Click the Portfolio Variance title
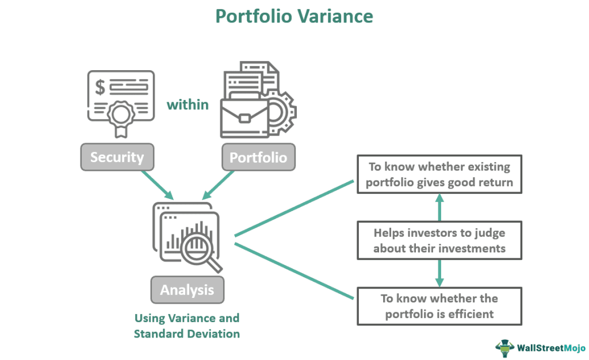click(x=294, y=16)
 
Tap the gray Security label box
click(x=117, y=157)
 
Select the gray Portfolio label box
click(x=258, y=157)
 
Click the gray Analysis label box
click(x=187, y=290)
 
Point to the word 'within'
click(x=188, y=105)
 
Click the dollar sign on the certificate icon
click(x=100, y=87)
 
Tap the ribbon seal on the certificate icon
click(x=121, y=117)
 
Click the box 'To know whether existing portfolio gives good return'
click(x=439, y=174)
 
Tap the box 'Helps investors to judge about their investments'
click(x=439, y=240)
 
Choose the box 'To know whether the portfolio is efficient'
click(x=439, y=306)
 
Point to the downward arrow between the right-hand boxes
click(x=439, y=274)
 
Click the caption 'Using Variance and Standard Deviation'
click(x=186, y=325)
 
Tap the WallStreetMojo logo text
click(x=549, y=347)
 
